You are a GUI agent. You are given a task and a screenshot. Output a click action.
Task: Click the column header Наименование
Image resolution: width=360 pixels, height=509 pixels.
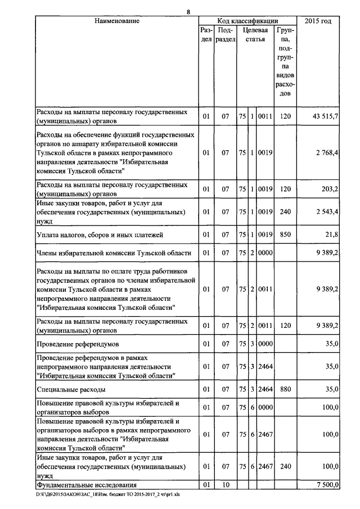click(x=116, y=21)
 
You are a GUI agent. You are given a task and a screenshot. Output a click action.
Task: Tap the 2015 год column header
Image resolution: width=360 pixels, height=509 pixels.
click(x=318, y=21)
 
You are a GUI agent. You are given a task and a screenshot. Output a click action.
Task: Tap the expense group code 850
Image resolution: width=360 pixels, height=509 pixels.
click(x=285, y=234)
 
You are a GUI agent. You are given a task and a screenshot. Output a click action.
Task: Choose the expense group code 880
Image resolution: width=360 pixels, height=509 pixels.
click(x=285, y=389)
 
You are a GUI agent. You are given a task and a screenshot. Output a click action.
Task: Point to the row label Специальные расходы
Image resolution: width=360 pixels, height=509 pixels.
click(x=71, y=389)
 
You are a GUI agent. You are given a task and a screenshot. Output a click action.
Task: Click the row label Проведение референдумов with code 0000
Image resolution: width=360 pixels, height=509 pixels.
click(x=78, y=343)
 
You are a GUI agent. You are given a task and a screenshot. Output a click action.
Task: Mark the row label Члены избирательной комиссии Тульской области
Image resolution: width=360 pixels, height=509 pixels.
click(x=114, y=253)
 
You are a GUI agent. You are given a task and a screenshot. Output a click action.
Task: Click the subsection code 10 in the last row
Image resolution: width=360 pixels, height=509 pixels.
click(x=226, y=484)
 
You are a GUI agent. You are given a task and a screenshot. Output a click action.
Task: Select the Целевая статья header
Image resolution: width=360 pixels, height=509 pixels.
click(x=255, y=35)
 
